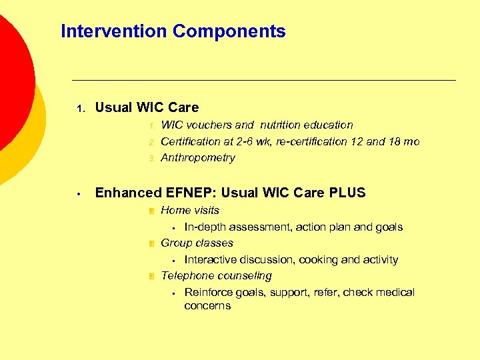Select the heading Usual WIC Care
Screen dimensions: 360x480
click(x=147, y=107)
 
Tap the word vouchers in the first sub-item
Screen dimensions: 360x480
click(x=210, y=125)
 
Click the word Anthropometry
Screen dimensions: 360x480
click(x=198, y=158)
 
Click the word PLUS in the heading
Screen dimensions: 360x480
click(x=347, y=193)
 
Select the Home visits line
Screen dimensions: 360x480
click(x=190, y=210)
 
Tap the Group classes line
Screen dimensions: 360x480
click(x=197, y=243)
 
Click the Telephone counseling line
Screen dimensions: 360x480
click(x=216, y=276)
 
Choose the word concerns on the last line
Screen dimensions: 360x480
click(x=207, y=306)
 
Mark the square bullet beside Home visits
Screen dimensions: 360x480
click(x=151, y=211)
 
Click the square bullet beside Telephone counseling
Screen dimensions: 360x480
click(x=151, y=276)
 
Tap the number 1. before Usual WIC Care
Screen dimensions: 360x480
click(x=79, y=108)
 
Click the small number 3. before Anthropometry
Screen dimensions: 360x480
click(x=151, y=159)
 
